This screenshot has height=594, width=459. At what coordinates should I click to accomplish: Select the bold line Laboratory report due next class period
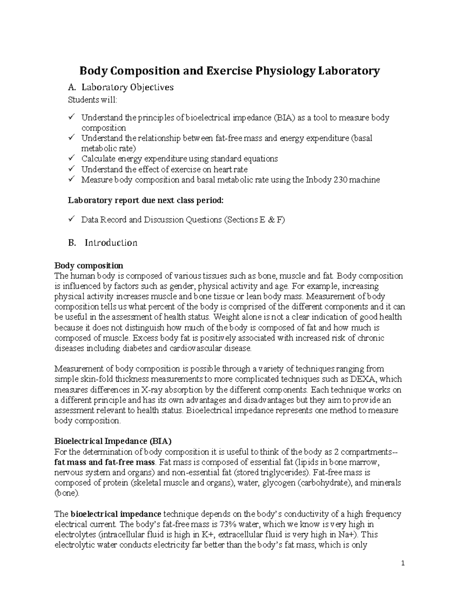[x=145, y=200]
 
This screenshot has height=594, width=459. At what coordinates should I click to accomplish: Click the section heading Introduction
[x=111, y=243]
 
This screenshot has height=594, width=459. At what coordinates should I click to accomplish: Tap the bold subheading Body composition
[x=89, y=265]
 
